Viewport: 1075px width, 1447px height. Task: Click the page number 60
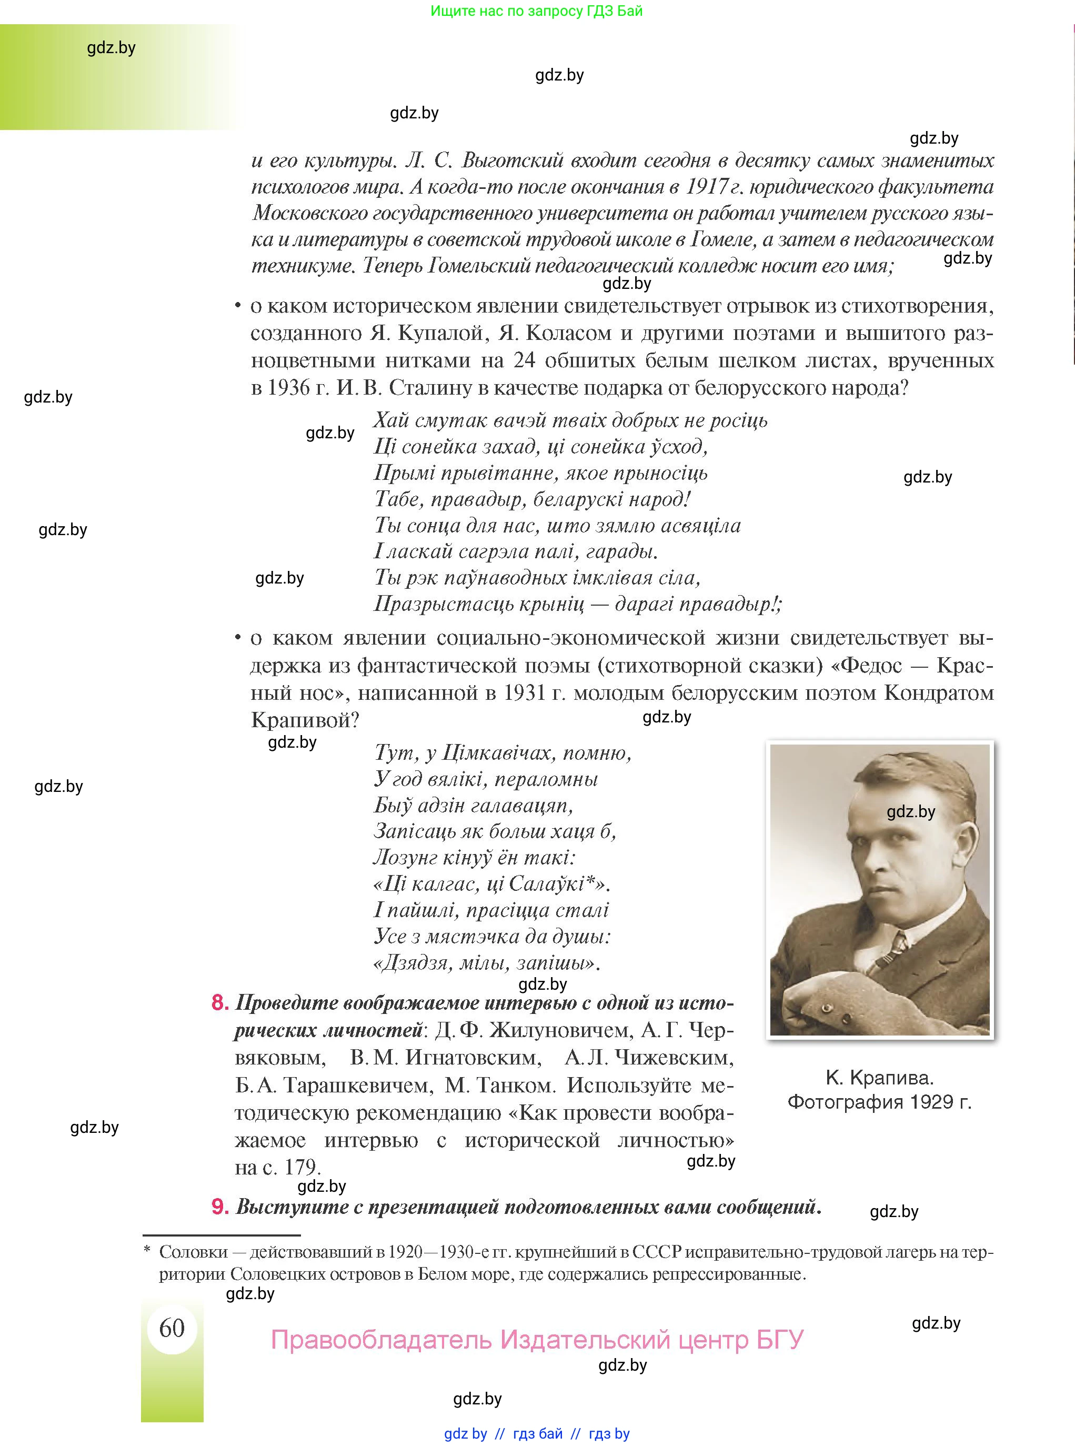pyautogui.click(x=172, y=1327)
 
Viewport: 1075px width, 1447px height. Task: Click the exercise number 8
pyautogui.click(x=220, y=1002)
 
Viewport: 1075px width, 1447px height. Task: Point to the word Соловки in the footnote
pyautogui.click(x=193, y=1252)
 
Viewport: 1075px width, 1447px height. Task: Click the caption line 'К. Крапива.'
pyautogui.click(x=879, y=1078)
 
